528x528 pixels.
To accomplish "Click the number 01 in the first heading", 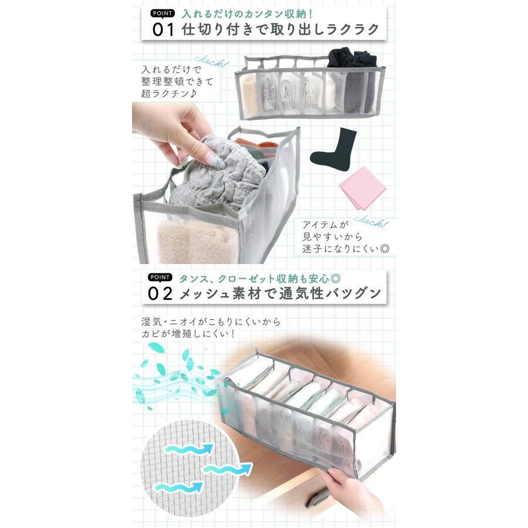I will pos(163,29).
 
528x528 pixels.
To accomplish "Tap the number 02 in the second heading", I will pos(163,293).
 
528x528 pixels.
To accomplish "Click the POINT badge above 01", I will pos(162,13).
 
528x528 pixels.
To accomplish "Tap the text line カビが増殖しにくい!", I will pos(188,334).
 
